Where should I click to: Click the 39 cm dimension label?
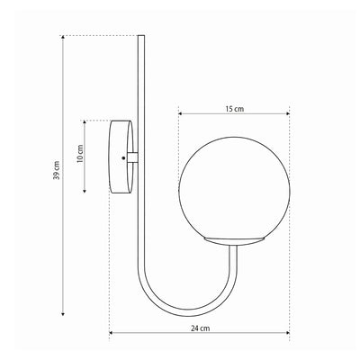pos(57,170)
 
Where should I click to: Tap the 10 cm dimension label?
pos(80,153)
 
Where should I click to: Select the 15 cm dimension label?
pos(235,109)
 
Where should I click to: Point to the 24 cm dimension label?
pos(201,328)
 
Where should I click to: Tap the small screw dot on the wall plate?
pos(123,157)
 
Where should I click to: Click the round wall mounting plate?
pos(120,157)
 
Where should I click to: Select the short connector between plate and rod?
pos(132,157)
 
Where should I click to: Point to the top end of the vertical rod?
pos(141,36)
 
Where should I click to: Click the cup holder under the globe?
pos(234,242)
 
